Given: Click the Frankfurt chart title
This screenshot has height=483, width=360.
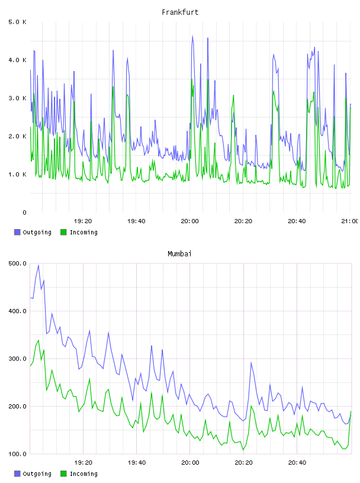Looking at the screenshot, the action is click(x=180, y=12).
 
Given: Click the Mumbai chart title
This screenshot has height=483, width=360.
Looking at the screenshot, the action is click(x=179, y=254).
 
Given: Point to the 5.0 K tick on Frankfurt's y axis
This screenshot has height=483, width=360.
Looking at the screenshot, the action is click(x=17, y=22).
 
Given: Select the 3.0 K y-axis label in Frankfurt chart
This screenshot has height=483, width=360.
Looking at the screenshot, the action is click(x=17, y=98).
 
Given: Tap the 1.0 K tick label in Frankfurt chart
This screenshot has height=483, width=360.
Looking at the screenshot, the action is click(x=17, y=175).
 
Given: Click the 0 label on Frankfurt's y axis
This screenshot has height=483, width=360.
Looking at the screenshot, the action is click(x=24, y=212).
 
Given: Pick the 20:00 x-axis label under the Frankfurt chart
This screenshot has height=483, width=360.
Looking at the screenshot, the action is click(x=190, y=221).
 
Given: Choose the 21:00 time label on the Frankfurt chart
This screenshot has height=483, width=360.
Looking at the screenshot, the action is click(x=350, y=221).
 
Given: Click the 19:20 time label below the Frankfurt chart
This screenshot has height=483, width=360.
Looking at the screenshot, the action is click(x=83, y=221).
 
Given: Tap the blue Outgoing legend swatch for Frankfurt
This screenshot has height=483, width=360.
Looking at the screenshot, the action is click(x=17, y=232).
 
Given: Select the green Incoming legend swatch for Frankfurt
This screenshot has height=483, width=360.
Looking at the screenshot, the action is click(x=63, y=232).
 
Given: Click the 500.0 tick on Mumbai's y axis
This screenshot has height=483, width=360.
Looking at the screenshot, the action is click(x=18, y=263).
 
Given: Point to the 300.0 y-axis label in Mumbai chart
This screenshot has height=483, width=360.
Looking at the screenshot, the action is click(x=18, y=359).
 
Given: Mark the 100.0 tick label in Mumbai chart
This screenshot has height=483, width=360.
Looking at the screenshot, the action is click(x=18, y=454).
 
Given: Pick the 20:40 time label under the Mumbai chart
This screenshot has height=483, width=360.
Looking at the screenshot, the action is click(x=297, y=463).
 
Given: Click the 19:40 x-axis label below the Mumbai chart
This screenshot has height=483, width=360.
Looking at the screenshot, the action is click(x=137, y=463).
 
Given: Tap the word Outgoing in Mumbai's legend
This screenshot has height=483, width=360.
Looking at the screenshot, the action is click(x=37, y=474).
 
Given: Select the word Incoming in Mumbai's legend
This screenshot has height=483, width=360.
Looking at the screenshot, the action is click(x=83, y=474).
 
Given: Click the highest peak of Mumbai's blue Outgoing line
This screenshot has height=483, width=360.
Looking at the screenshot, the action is click(x=38, y=265).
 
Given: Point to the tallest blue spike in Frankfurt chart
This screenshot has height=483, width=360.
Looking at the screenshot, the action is click(x=192, y=36).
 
